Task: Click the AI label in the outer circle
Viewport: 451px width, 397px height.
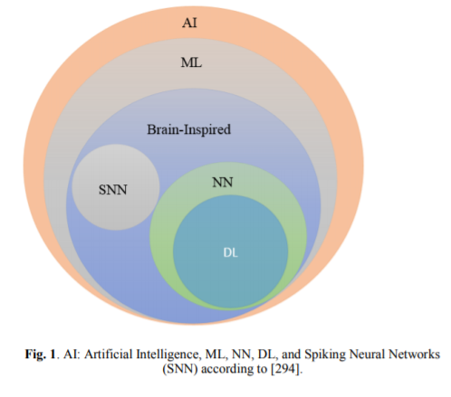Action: pyautogui.click(x=189, y=23)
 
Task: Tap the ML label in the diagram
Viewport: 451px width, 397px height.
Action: pyautogui.click(x=191, y=62)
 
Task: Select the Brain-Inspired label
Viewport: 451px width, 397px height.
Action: pyautogui.click(x=189, y=129)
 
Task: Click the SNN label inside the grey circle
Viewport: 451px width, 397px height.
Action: pyautogui.click(x=113, y=190)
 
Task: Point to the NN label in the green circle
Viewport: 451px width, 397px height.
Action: pyautogui.click(x=223, y=183)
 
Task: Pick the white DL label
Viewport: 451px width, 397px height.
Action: pyautogui.click(x=230, y=252)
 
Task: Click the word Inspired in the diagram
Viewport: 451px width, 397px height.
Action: pyautogui.click(x=207, y=130)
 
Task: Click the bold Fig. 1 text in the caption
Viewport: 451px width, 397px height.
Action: pyautogui.click(x=41, y=354)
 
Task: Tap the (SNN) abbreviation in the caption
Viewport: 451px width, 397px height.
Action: pyautogui.click(x=180, y=369)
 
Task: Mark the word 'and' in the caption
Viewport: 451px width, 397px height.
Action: pyautogui.click(x=291, y=354)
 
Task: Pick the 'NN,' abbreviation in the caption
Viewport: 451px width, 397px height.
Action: pyautogui.click(x=243, y=354)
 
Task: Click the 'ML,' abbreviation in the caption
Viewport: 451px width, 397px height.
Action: pyautogui.click(x=216, y=354)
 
